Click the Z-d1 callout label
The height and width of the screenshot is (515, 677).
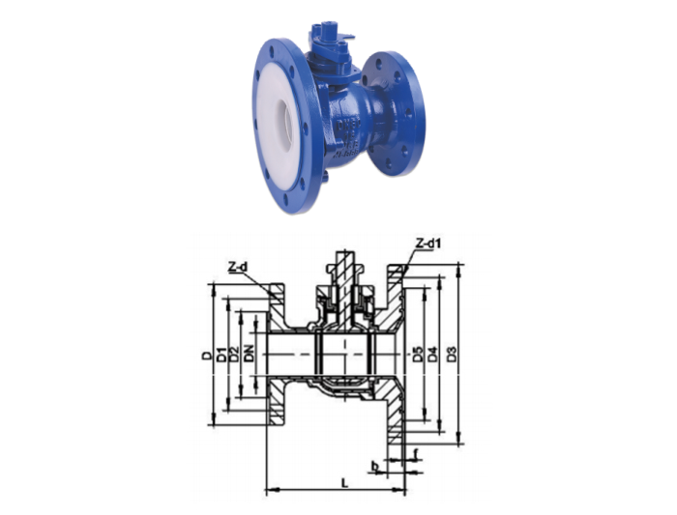pyautogui.click(x=429, y=243)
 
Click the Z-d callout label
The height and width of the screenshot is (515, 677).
pyautogui.click(x=238, y=268)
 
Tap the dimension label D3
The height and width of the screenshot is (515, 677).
pyautogui.click(x=452, y=355)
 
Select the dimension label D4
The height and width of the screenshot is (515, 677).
pyautogui.click(x=432, y=355)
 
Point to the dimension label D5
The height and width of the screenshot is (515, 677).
pyautogui.click(x=417, y=355)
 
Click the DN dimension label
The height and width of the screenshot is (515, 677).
pyautogui.click(x=249, y=354)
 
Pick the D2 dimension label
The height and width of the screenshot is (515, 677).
pyautogui.click(x=234, y=355)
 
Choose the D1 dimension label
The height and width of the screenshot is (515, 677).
pyautogui.click(x=221, y=355)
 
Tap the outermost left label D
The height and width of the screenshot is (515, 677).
pyautogui.click(x=208, y=356)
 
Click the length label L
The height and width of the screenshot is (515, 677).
pyautogui.click(x=344, y=483)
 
